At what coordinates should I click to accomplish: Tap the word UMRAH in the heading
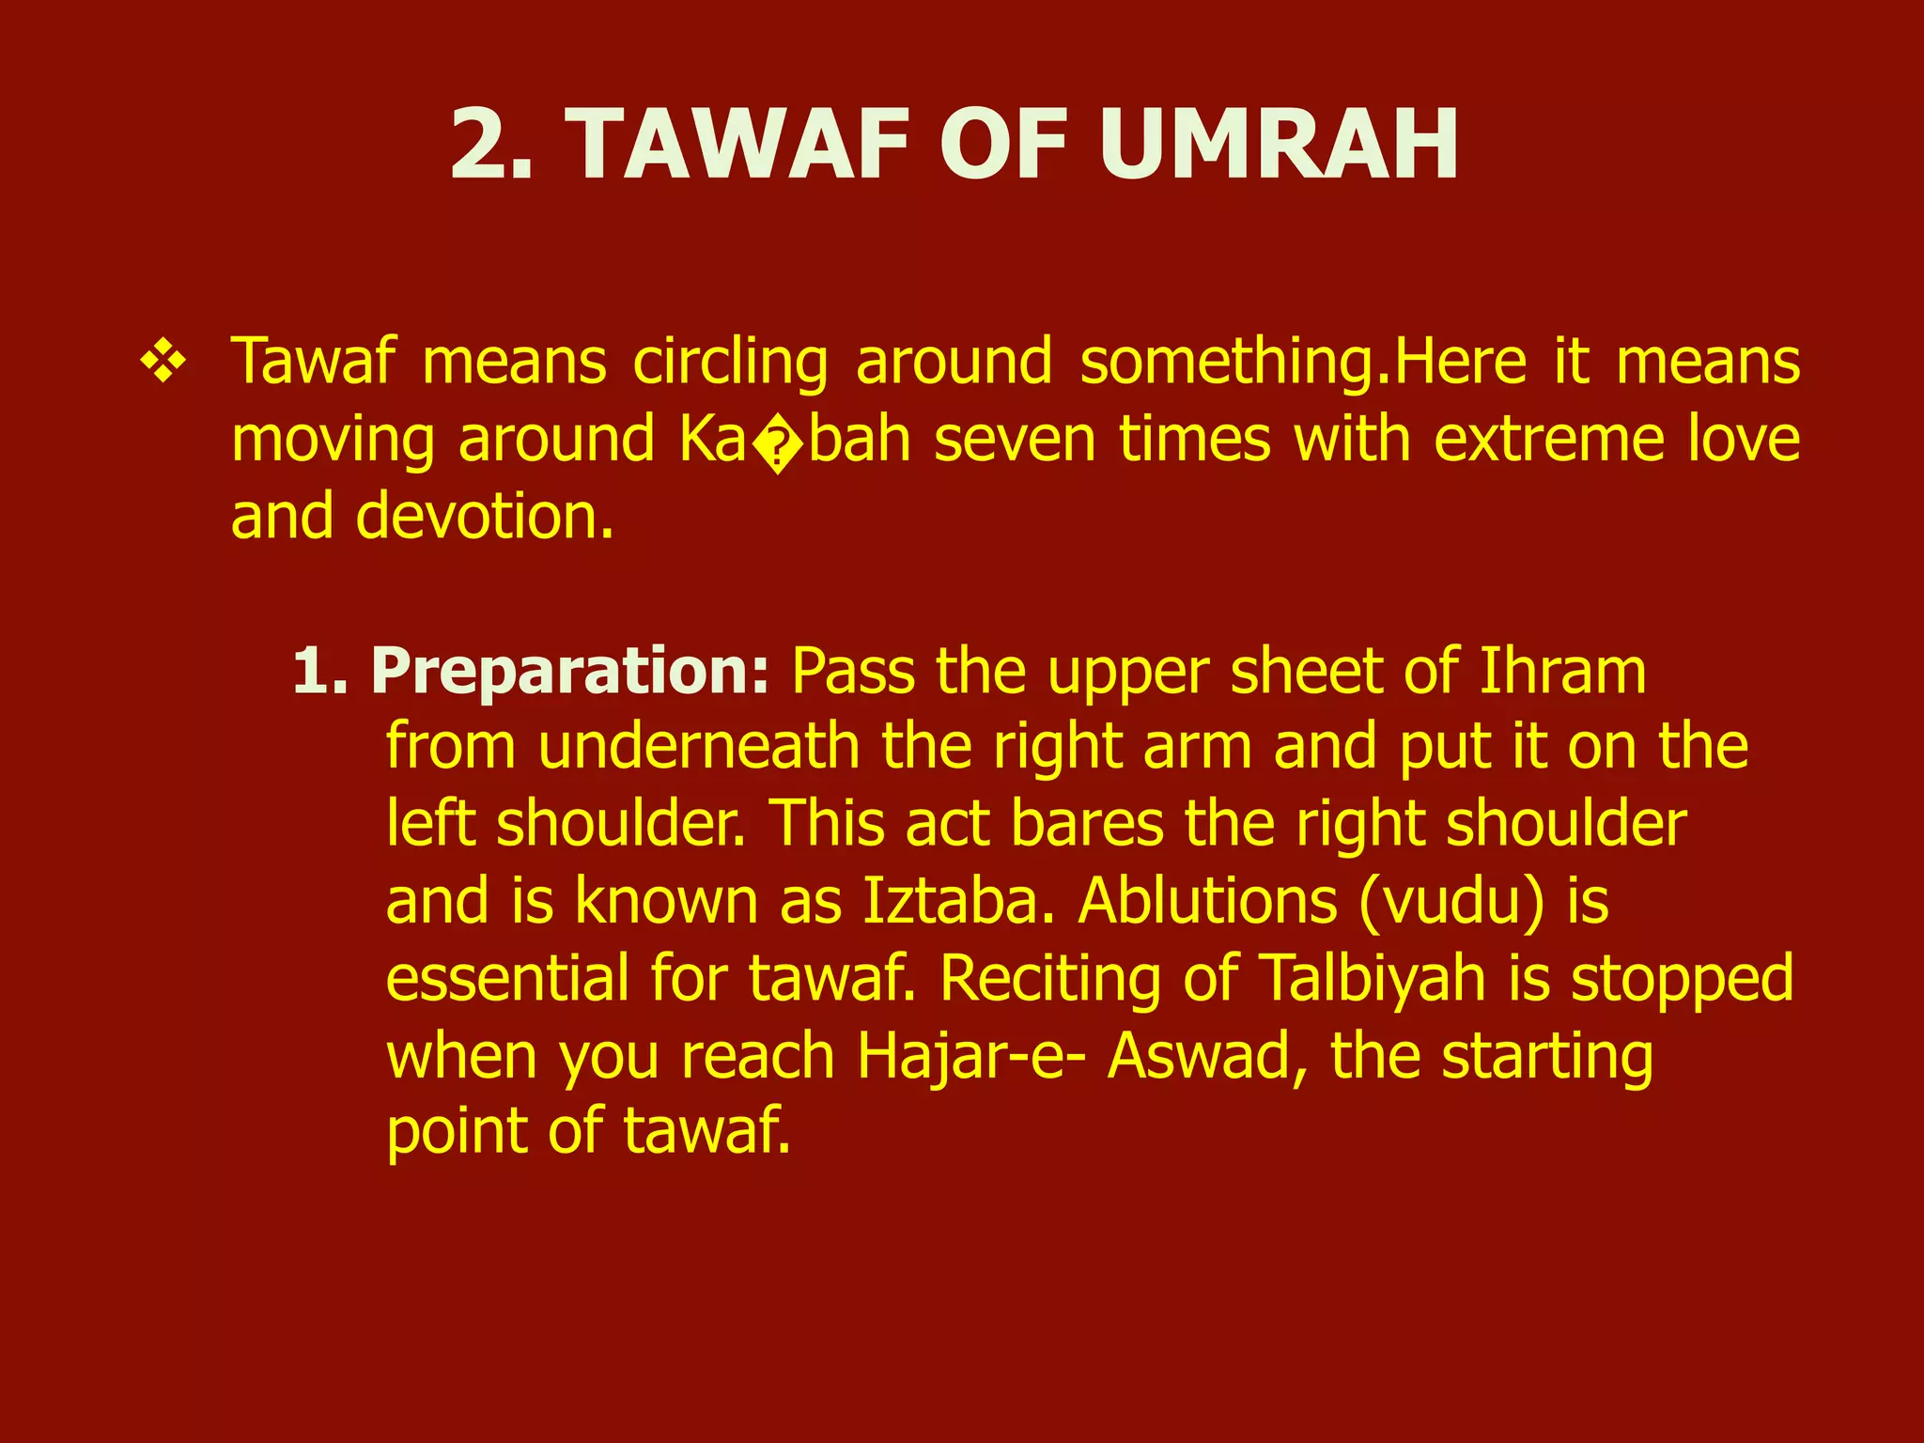point(1279,146)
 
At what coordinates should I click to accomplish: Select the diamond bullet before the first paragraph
point(163,363)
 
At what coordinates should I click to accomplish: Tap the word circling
point(730,363)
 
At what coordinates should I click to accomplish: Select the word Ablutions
point(1207,901)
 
